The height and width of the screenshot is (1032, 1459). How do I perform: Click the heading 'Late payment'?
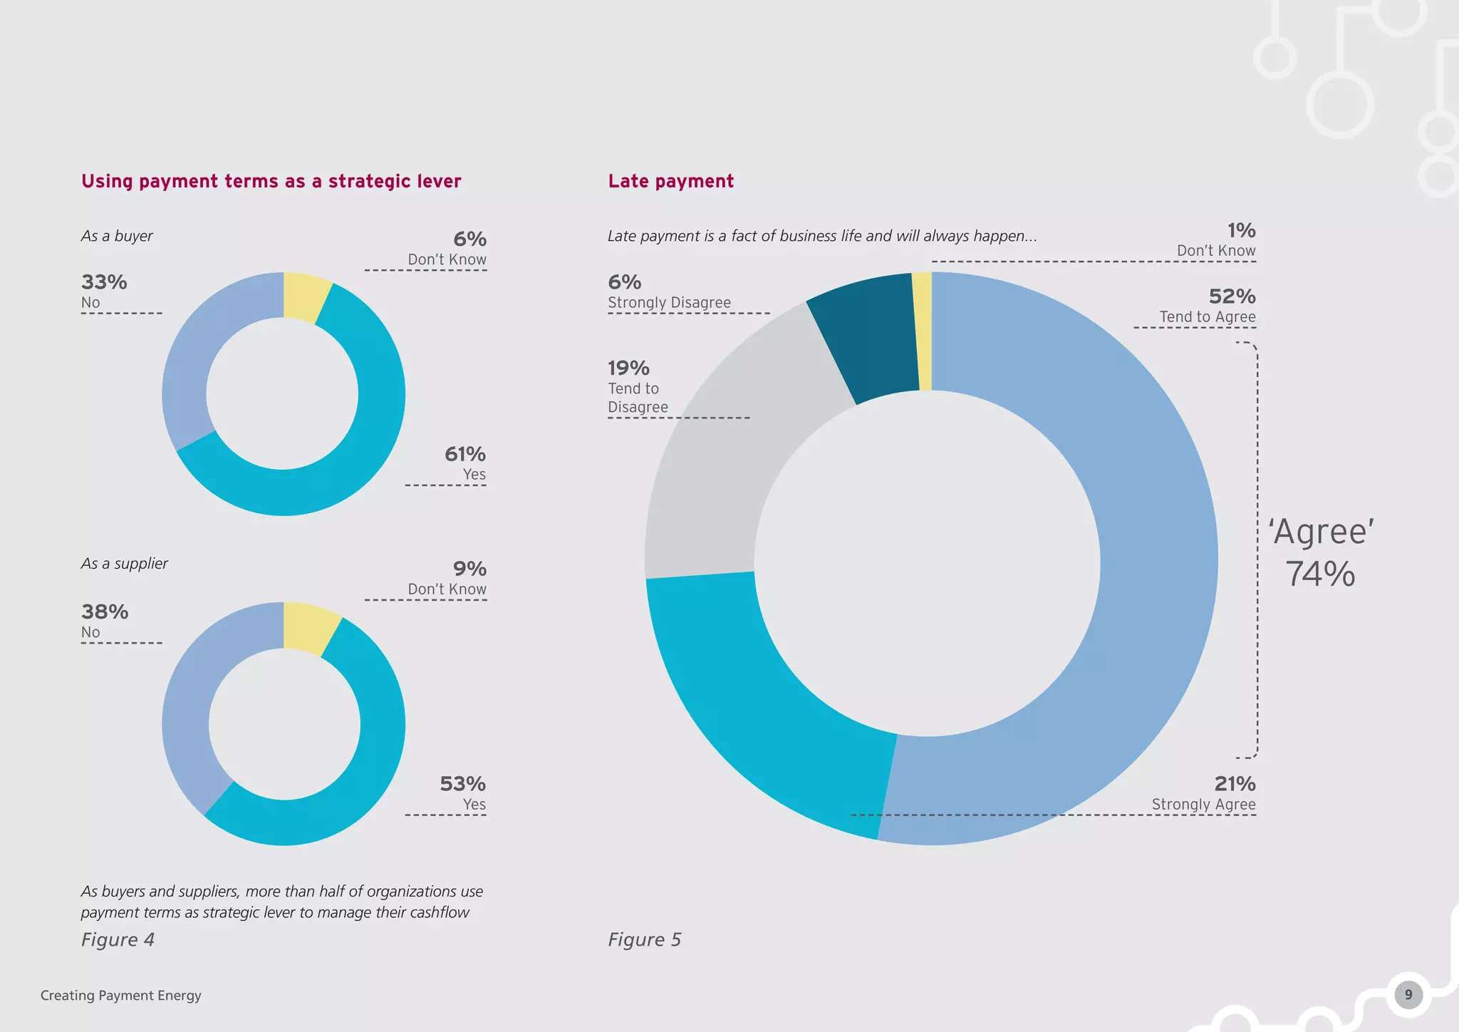point(670,181)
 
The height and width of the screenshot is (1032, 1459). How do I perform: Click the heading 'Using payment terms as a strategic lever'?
point(271,181)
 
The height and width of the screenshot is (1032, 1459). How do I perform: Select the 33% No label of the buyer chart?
point(104,291)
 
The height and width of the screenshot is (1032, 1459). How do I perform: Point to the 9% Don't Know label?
point(447,578)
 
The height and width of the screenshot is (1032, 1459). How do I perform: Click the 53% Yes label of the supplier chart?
point(462,793)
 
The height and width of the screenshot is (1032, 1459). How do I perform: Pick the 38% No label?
point(105,620)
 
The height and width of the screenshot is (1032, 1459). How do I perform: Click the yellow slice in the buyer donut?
point(304,297)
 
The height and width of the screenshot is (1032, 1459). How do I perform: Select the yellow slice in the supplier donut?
point(308,628)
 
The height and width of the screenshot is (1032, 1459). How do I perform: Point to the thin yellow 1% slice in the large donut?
point(923,331)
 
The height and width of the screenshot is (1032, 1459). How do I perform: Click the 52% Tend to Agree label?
point(1207,305)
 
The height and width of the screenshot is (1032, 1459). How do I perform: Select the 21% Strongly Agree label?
point(1203,793)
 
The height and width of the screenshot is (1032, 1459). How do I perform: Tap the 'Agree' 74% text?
point(1320,552)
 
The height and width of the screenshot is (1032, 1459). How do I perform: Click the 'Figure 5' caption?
point(644,939)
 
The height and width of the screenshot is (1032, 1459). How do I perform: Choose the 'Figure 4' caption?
point(118,939)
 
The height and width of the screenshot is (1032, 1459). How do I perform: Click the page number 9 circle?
point(1408,995)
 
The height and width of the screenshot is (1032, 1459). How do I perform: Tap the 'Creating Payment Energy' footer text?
point(121,995)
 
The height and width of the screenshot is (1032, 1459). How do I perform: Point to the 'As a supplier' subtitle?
point(125,563)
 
